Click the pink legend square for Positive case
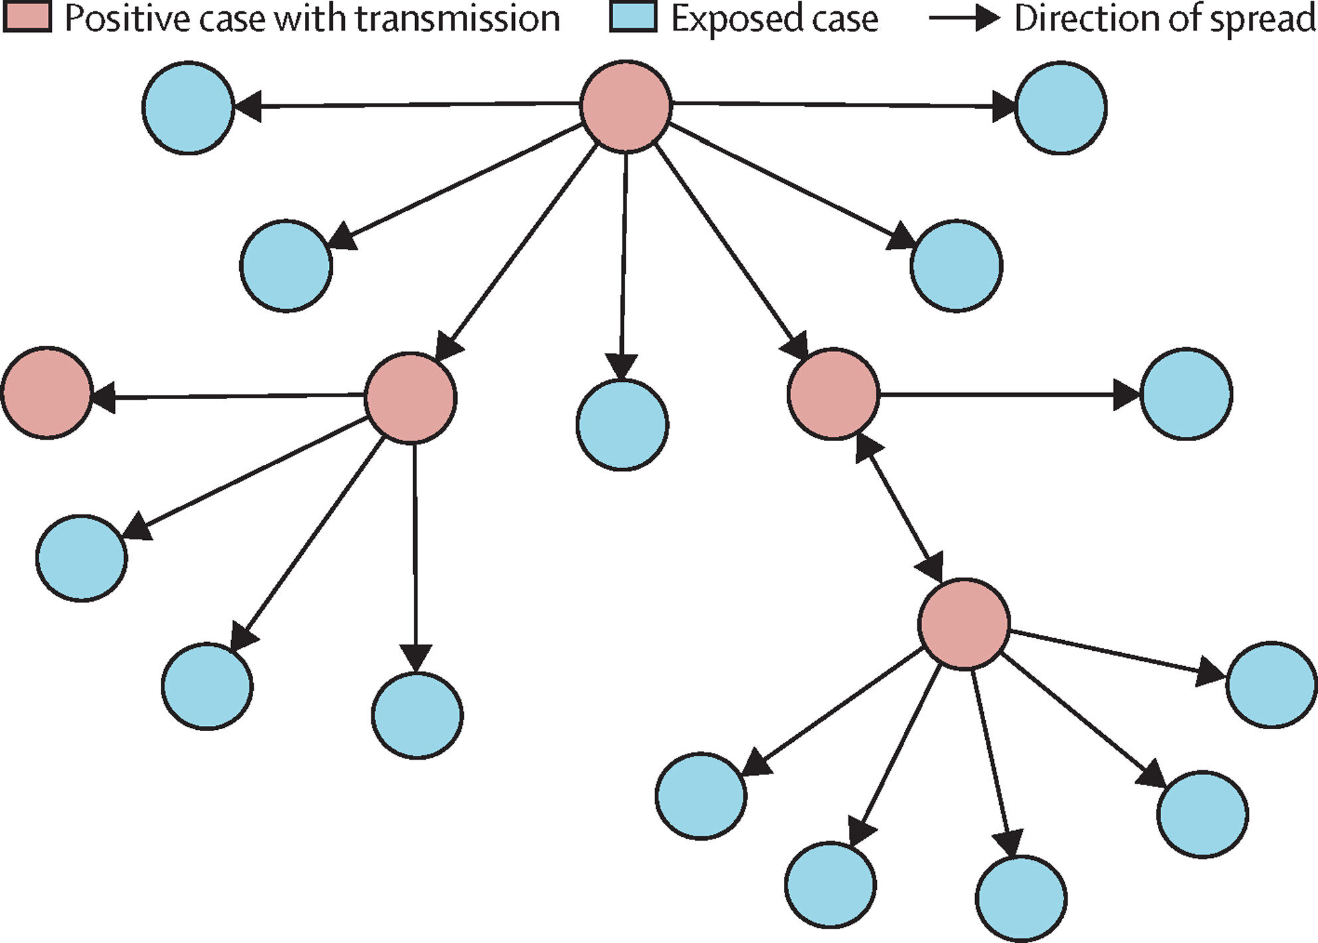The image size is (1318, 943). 27,17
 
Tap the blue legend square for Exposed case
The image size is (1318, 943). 634,17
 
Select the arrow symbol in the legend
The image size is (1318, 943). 964,18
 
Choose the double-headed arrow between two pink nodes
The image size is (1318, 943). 898,509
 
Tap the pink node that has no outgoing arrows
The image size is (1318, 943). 47,392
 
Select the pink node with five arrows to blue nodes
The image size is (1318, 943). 964,624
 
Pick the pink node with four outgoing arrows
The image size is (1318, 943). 411,398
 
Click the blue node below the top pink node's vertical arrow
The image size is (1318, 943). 622,425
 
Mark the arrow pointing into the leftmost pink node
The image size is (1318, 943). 229,396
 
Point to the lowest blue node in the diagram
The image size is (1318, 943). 1022,899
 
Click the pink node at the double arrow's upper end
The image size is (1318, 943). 833,394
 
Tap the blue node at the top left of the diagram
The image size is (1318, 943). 189,108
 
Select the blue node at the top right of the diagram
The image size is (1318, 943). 1061,108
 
